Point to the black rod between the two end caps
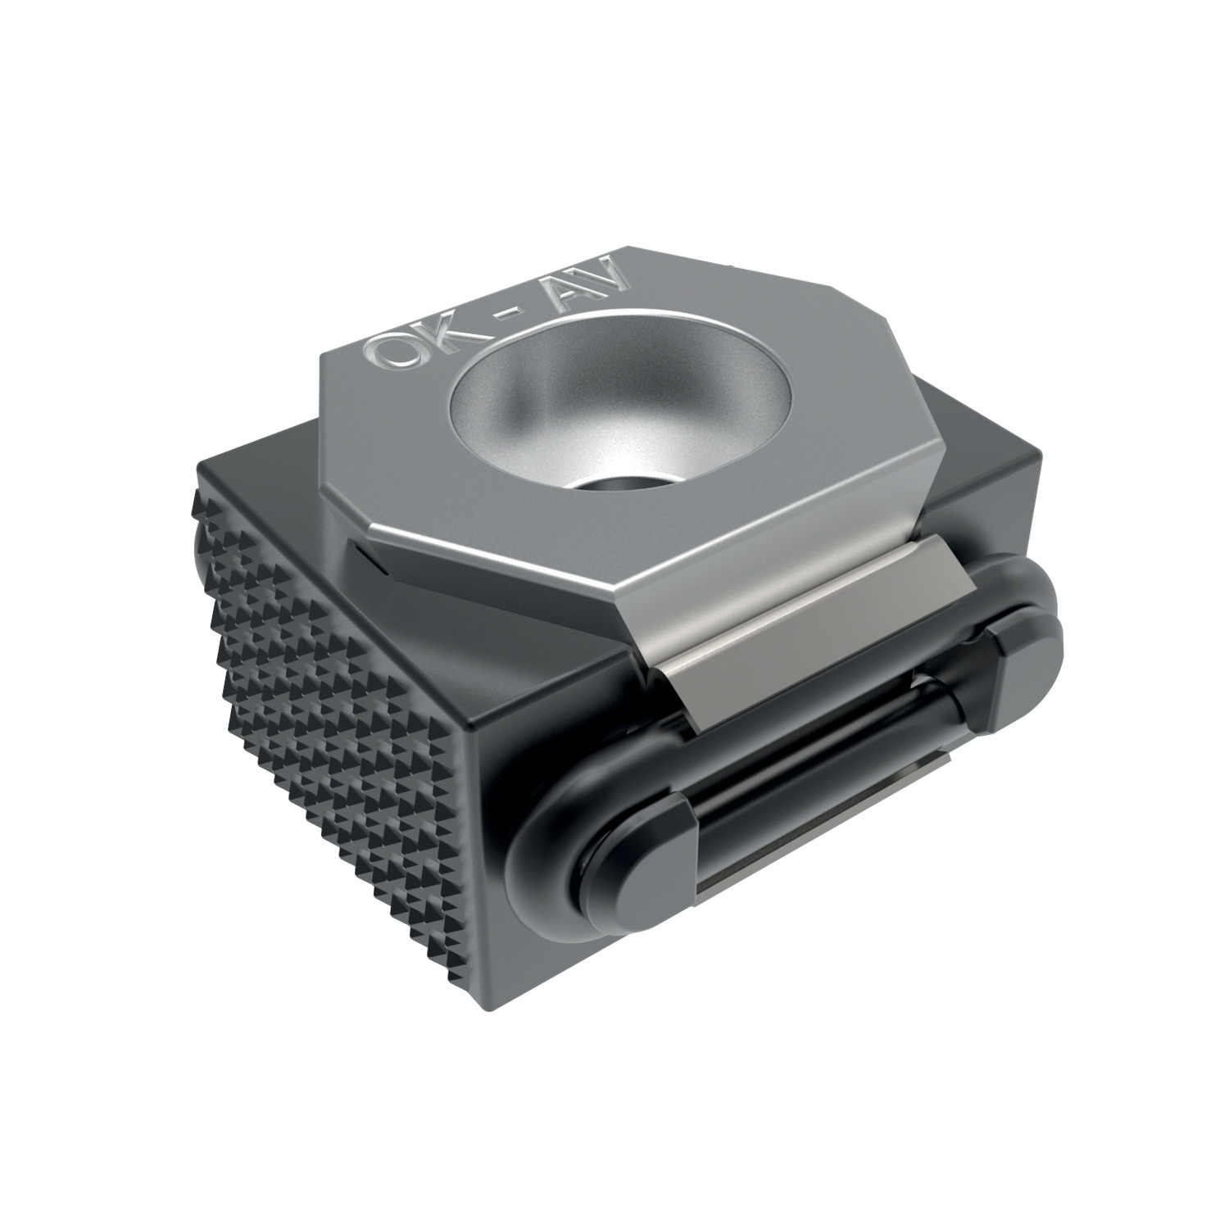click(819, 737)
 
